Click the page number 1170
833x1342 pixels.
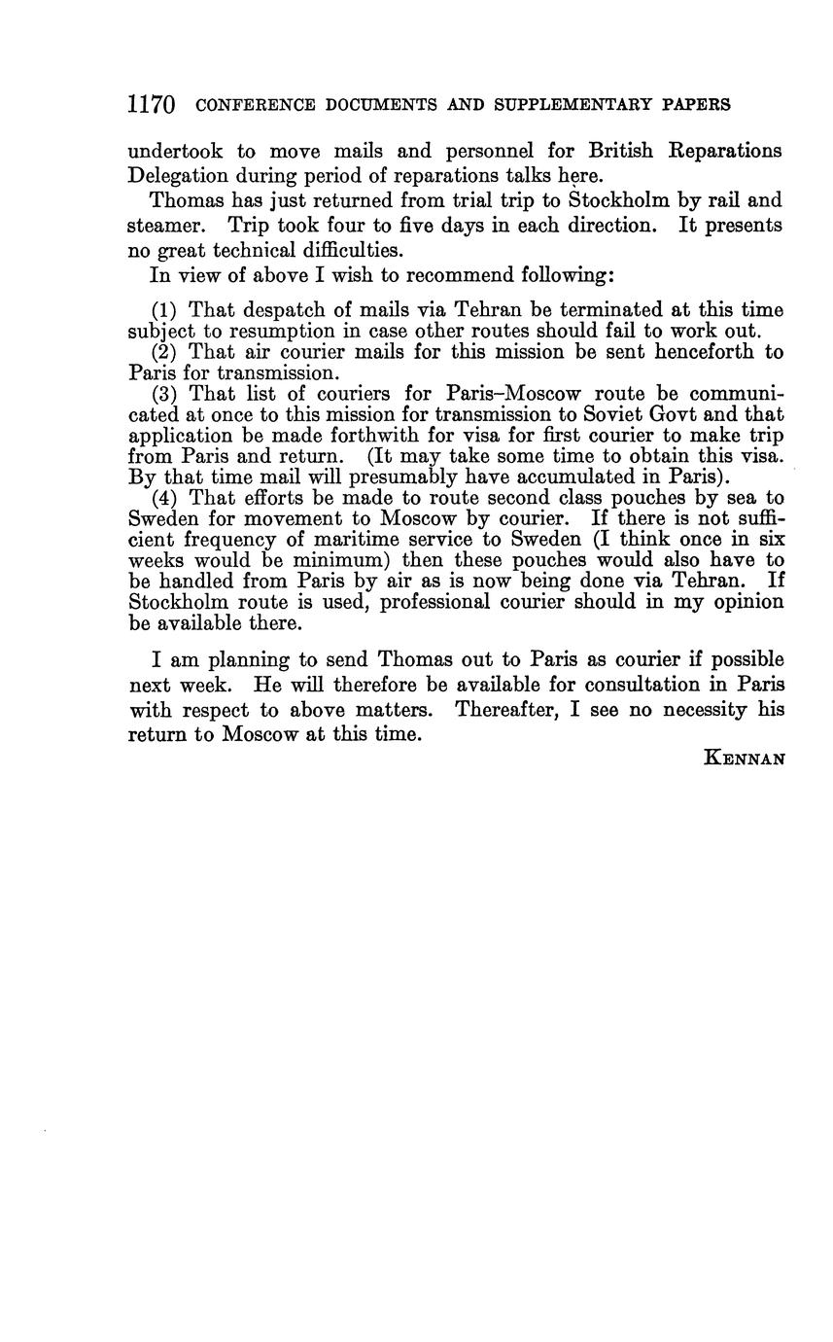point(151,104)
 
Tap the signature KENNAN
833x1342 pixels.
point(743,759)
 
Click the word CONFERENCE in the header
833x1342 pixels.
point(256,105)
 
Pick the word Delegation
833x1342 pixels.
point(180,176)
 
